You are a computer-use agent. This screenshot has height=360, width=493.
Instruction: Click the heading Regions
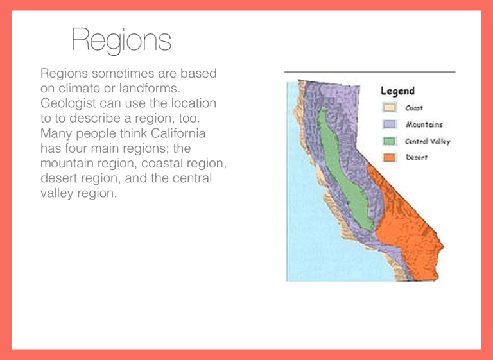121,40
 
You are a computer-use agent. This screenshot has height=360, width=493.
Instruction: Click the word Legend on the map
397,91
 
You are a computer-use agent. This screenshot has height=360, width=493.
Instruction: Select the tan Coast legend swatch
389,108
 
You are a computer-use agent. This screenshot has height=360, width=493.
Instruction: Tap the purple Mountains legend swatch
389,124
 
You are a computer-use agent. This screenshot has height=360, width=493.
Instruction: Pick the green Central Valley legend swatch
389,141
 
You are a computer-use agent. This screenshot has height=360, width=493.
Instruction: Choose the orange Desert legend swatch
389,157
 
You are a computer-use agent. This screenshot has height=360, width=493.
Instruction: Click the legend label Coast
414,108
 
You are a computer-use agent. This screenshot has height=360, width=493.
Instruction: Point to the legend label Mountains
424,124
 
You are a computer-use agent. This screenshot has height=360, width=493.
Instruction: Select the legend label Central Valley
428,141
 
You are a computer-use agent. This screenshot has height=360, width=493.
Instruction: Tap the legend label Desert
416,157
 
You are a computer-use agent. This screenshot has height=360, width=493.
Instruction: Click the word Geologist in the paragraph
68,103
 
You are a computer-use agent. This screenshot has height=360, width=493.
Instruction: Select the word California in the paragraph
178,133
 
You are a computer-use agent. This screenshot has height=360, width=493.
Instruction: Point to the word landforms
150,89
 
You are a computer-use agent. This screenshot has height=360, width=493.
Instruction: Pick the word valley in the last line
57,194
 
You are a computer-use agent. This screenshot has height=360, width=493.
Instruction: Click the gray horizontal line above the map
370,72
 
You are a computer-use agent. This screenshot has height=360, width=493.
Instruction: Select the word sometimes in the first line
123,73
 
